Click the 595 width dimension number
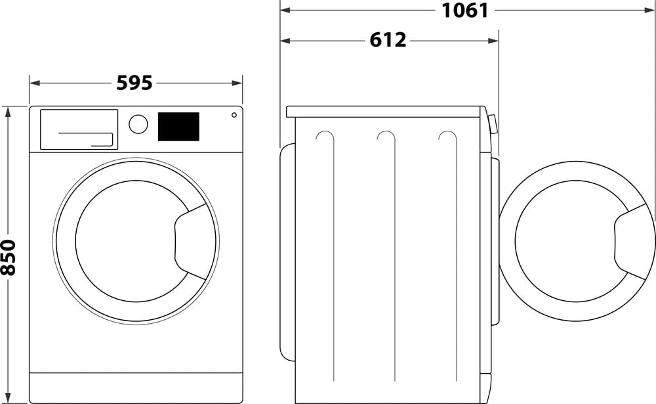point(134,83)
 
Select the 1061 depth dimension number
point(464,11)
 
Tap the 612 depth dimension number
point(388,40)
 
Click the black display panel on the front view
point(178,127)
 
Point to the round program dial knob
point(138,124)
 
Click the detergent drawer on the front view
point(79,129)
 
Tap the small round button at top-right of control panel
point(234,116)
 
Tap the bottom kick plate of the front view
point(136,388)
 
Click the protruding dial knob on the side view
point(493,125)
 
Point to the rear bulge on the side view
point(286,252)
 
